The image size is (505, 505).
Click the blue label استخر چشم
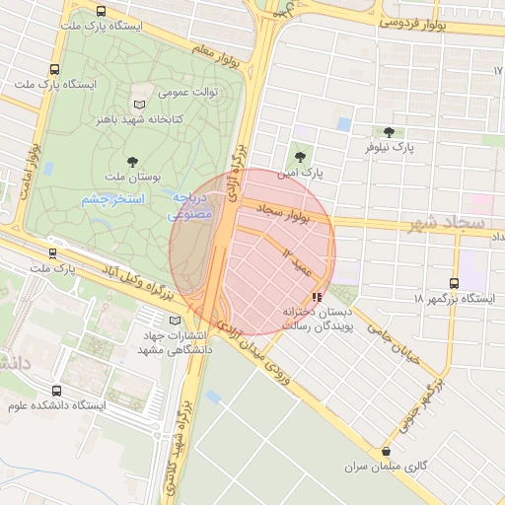pyautogui.click(x=112, y=199)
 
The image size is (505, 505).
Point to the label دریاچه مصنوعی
pyautogui.click(x=190, y=204)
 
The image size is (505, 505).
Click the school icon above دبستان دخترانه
pyautogui.click(x=316, y=296)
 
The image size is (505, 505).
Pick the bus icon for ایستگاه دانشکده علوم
pyautogui.click(x=55, y=391)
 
